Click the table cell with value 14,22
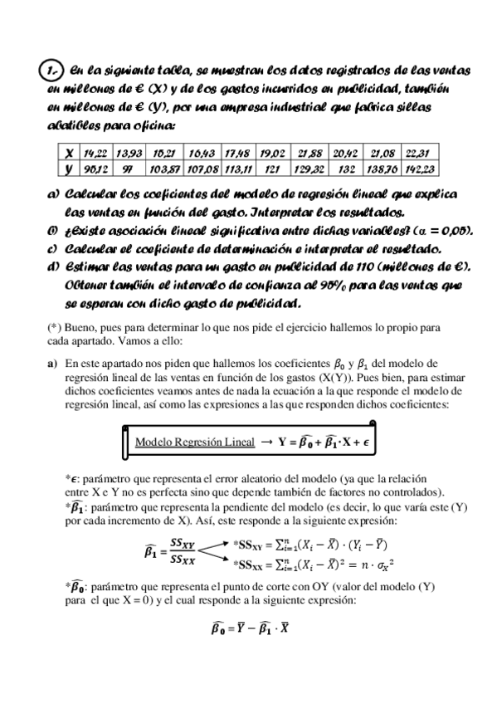[95, 154]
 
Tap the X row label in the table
[69, 154]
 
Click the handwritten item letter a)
[53, 193]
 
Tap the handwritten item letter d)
[53, 266]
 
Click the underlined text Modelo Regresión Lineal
[194, 442]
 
